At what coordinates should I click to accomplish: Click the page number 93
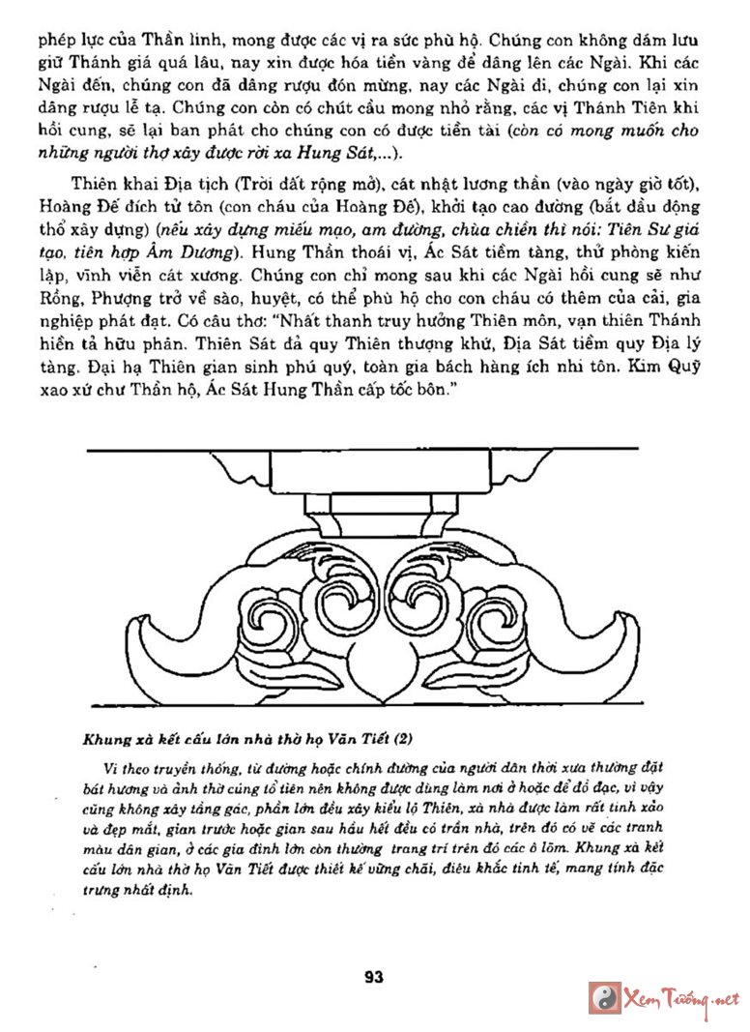tap(374, 977)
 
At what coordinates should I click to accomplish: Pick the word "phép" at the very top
tap(57, 42)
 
